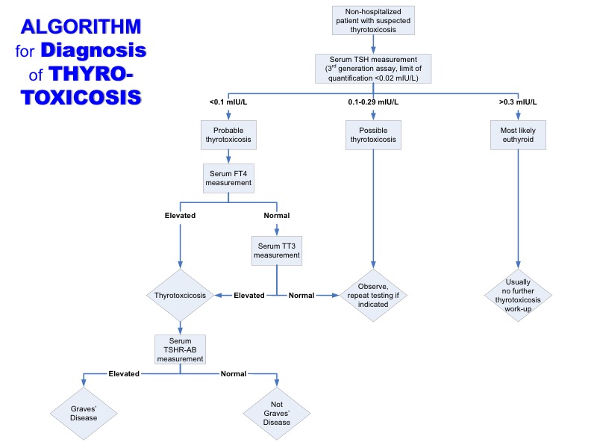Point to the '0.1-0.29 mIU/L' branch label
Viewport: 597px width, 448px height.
point(372,102)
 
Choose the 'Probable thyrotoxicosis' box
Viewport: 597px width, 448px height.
point(228,135)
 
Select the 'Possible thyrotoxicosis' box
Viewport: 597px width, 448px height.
point(372,135)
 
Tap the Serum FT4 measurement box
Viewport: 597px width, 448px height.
point(228,177)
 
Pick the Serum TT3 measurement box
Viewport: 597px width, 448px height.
point(277,250)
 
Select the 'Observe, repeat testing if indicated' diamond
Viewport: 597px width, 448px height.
point(372,295)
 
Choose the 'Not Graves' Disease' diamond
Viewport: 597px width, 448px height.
point(277,413)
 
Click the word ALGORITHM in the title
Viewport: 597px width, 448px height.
point(81,28)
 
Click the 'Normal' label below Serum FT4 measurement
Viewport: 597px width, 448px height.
point(277,215)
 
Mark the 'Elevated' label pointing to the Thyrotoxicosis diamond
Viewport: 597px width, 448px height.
point(249,295)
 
